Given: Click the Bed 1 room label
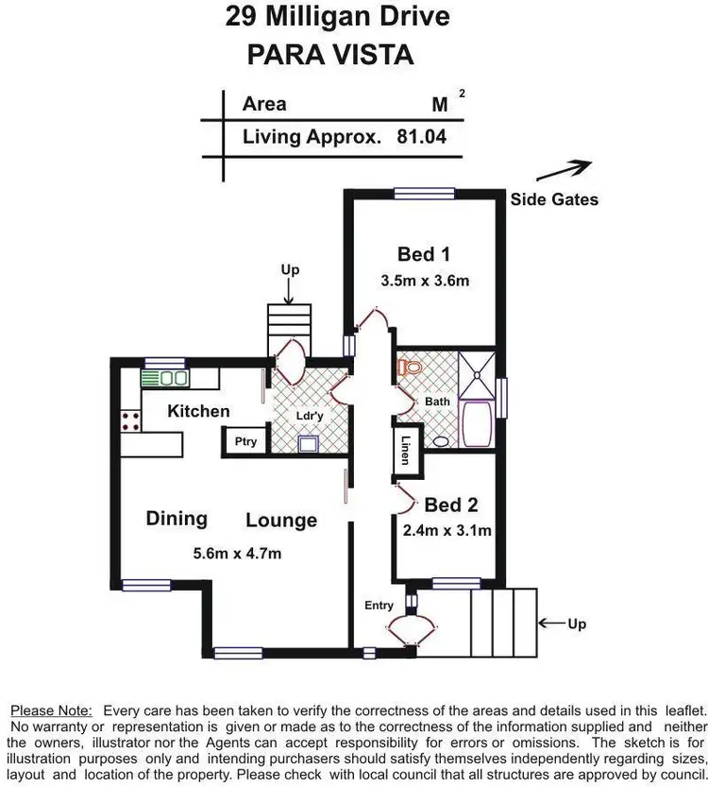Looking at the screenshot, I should point(423,254).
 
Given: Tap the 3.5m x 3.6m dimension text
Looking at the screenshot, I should point(425,281).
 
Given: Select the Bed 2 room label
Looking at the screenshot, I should point(451,505).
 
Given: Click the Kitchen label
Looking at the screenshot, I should point(198,411).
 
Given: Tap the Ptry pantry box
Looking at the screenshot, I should point(245,441).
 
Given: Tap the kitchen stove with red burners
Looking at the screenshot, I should point(130,420).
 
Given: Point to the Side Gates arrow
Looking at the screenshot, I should point(565,172).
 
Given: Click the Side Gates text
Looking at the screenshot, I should point(554,199).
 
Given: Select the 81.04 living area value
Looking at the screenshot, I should point(421,136).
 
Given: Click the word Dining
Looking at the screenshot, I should point(177,518).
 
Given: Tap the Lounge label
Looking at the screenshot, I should point(281,521).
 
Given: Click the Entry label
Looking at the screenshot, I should point(379,606).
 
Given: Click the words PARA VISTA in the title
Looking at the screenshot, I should point(330,54).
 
